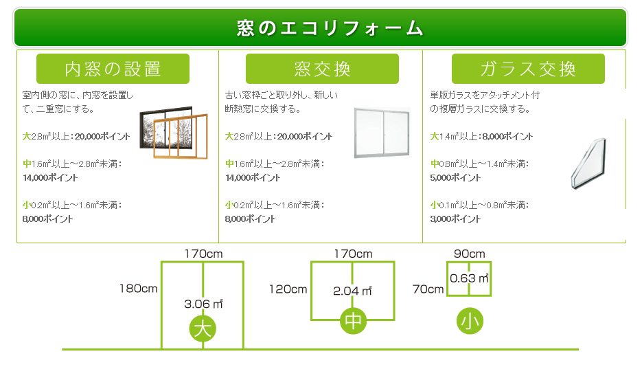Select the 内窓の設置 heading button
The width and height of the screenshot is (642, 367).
(113, 69)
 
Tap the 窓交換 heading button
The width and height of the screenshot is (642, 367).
(322, 69)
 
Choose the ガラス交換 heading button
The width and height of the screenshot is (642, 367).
(528, 69)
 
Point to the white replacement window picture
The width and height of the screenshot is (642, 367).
(382, 133)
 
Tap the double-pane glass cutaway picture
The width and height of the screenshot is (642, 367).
(588, 164)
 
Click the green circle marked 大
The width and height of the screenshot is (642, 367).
(203, 329)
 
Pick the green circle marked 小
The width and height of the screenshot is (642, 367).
(470, 321)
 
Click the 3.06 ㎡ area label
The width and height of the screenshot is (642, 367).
(203, 303)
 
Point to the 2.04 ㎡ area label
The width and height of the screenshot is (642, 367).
(352, 291)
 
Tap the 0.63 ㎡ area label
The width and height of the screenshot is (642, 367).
(469, 278)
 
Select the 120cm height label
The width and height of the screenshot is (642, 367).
(288, 289)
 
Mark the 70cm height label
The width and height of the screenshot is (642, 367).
(428, 289)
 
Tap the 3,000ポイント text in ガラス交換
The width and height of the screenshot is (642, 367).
(456, 219)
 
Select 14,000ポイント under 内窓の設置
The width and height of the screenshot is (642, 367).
(50, 178)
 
